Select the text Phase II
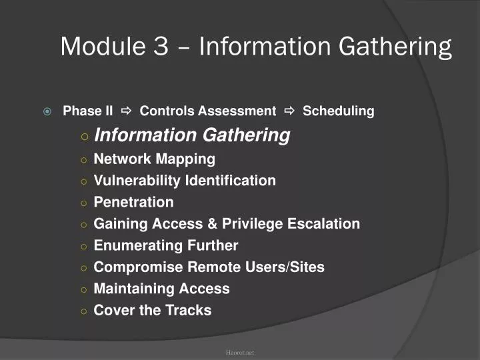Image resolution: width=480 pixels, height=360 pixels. click(x=88, y=111)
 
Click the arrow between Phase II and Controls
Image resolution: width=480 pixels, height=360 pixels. click(x=127, y=111)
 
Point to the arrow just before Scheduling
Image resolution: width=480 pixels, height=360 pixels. click(x=289, y=111)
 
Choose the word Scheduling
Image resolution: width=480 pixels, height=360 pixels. click(x=338, y=111)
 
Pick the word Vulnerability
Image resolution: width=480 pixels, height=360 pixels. click(x=137, y=181)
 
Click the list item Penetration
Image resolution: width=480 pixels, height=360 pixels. click(x=133, y=202)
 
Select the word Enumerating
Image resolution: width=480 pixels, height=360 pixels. click(x=136, y=245)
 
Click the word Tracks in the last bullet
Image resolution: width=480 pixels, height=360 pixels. click(x=188, y=310)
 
